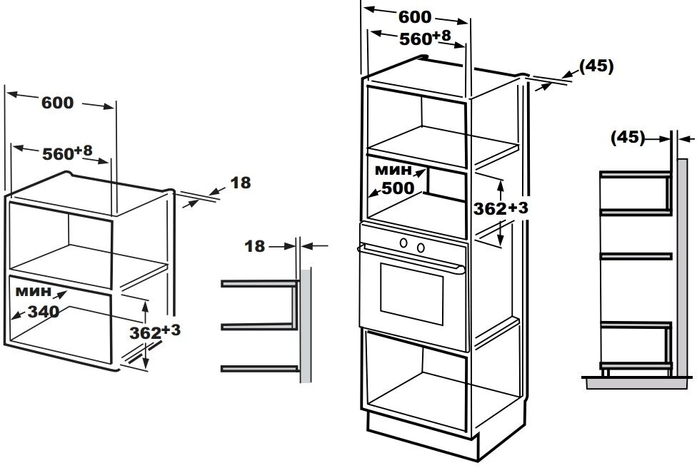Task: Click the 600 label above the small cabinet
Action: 57,103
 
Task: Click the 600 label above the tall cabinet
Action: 415,17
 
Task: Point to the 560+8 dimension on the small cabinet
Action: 67,152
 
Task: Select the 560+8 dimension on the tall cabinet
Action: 425,38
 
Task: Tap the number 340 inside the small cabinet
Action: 44,312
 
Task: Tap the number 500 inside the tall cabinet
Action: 398,188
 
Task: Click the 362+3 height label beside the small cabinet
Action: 155,332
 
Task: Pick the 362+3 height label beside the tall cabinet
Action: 501,208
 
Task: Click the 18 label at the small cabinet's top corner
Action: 241,183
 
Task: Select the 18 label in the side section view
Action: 255,246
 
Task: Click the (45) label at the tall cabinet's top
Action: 596,66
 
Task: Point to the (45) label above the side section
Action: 627,138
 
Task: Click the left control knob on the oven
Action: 403,243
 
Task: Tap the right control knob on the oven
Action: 421,248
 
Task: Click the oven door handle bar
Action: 411,257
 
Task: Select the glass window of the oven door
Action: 411,293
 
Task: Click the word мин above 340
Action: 34,292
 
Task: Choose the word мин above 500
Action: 393,170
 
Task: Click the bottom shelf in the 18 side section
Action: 260,369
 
